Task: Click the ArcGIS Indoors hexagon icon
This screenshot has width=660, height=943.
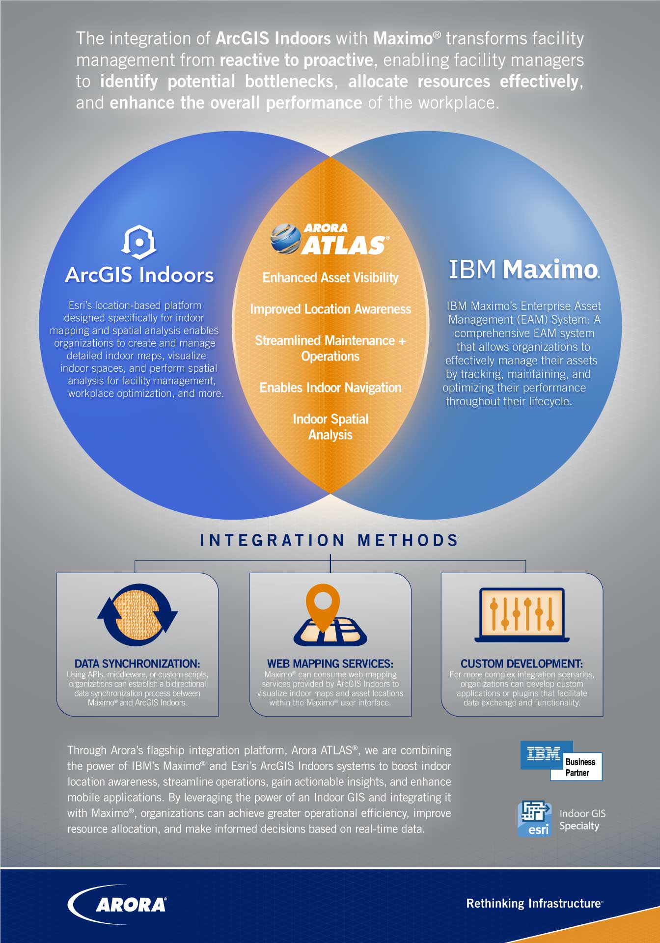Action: (139, 243)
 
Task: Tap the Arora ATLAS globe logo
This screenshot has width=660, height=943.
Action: (286, 239)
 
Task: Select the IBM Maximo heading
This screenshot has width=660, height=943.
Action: (524, 269)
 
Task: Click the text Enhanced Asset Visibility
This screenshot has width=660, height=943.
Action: (330, 277)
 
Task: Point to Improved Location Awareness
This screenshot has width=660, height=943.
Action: (330, 309)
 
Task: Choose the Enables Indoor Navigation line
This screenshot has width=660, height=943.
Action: (330, 388)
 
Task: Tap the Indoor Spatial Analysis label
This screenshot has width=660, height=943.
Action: (330, 427)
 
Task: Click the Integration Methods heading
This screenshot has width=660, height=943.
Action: (330, 540)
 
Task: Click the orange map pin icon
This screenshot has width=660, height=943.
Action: (323, 606)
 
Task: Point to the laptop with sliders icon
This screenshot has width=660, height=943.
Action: (522, 615)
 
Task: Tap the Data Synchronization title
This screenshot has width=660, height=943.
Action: (137, 664)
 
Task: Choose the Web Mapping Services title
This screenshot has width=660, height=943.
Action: (330, 664)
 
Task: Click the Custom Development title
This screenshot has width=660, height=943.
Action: (522, 664)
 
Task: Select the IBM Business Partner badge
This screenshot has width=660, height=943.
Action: (561, 761)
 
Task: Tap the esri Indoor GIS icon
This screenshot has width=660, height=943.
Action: (534, 818)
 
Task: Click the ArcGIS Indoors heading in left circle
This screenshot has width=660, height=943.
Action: (139, 275)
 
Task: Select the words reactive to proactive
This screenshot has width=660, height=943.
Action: (296, 60)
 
